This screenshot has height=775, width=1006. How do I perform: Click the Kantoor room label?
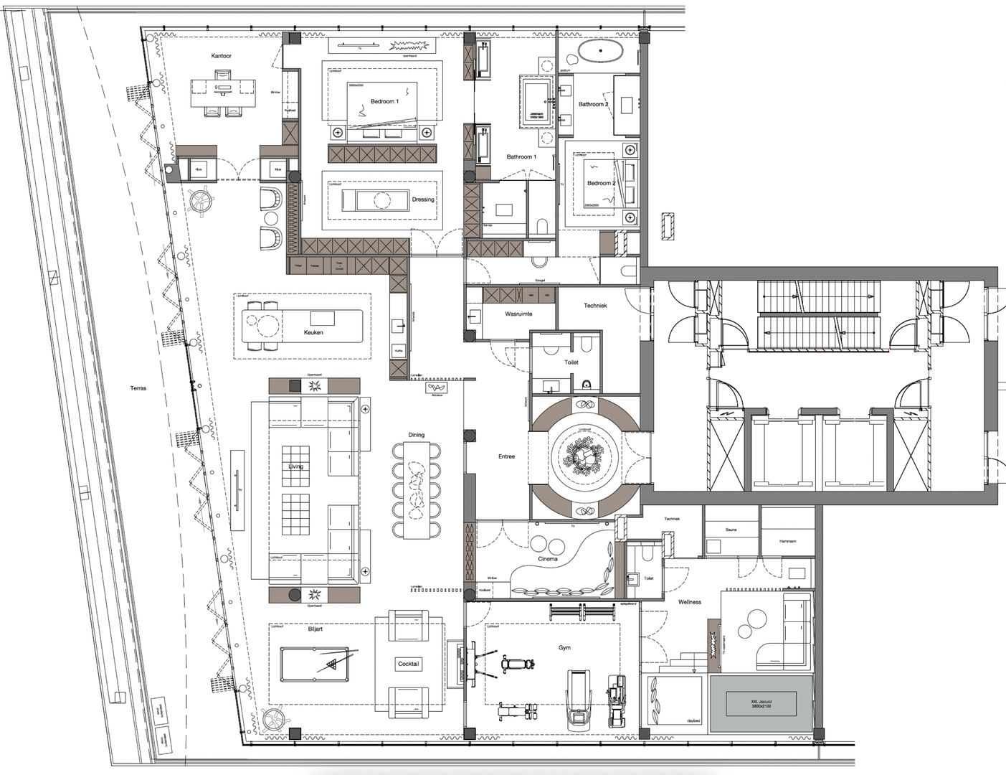click(221, 56)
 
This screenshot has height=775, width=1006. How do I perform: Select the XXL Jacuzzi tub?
click(761, 703)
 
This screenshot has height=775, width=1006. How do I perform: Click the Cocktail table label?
click(409, 664)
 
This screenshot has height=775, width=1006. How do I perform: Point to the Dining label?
click(416, 435)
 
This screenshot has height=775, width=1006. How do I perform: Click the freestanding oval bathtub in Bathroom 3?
click(601, 52)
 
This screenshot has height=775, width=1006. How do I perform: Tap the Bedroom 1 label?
click(384, 102)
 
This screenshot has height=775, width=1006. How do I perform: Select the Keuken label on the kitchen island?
click(313, 333)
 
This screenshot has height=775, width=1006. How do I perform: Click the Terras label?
click(138, 388)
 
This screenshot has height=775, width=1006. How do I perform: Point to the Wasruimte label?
click(518, 314)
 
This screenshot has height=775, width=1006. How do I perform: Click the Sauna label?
click(731, 530)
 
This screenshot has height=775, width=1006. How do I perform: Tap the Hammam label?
click(787, 542)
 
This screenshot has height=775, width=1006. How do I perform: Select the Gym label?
click(565, 648)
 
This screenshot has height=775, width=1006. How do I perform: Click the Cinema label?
click(549, 560)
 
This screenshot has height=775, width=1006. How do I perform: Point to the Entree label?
click(506, 456)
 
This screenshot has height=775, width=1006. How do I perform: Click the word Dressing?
click(423, 199)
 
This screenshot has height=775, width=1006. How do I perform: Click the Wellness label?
click(690, 602)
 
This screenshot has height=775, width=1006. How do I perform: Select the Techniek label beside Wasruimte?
click(595, 306)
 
